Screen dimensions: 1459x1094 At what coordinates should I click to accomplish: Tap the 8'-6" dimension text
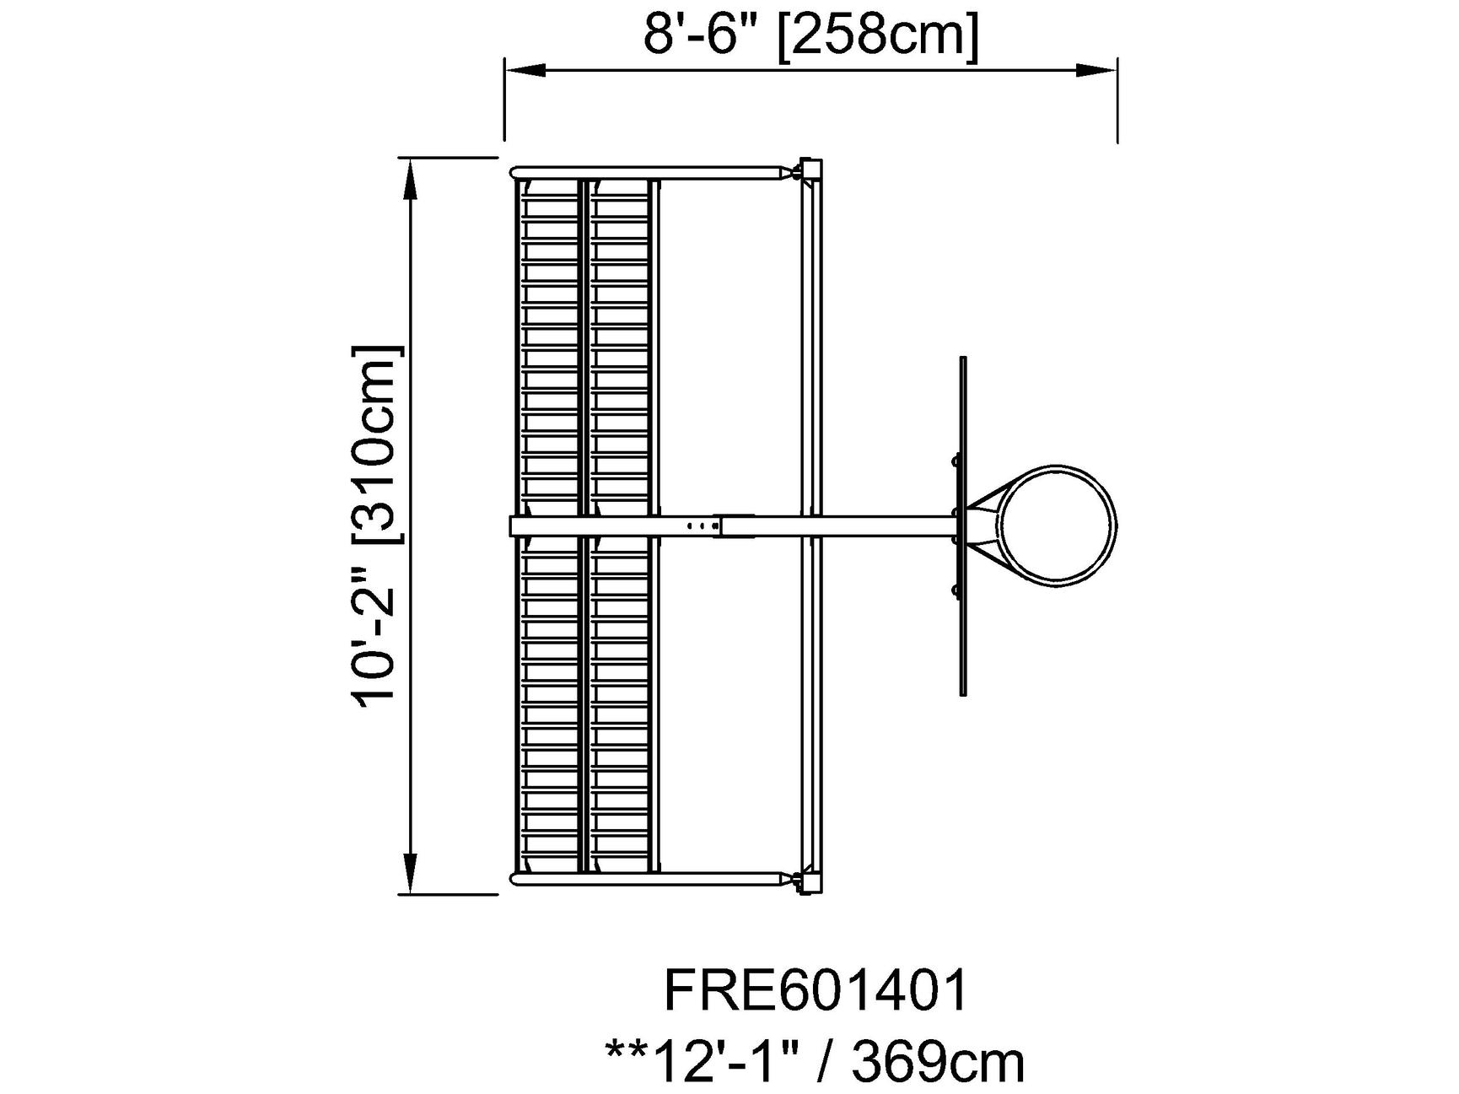tap(703, 36)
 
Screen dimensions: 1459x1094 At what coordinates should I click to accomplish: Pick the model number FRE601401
tap(816, 990)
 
